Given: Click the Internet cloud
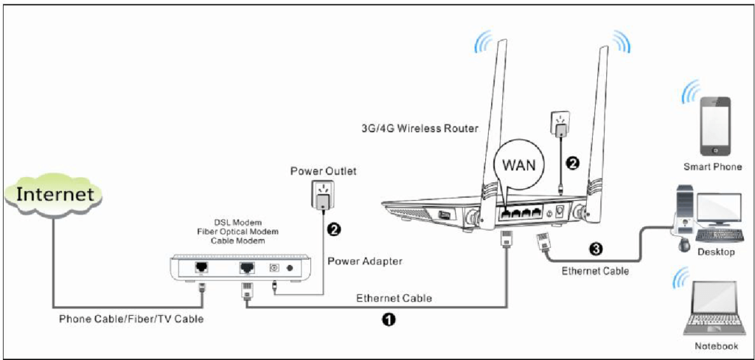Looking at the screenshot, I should pos(55,195).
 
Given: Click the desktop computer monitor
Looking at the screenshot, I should pos(718,210).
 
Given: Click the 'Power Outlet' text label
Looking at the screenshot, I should pos(322,171).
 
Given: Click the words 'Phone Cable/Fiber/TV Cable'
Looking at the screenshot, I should pos(131,319).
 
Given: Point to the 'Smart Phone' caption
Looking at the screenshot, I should pos(712,167).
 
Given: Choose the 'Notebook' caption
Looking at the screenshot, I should pos(716,346).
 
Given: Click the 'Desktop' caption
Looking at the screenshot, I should pos(715,252).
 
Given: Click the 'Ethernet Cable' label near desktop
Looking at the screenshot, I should pos(595,271).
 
